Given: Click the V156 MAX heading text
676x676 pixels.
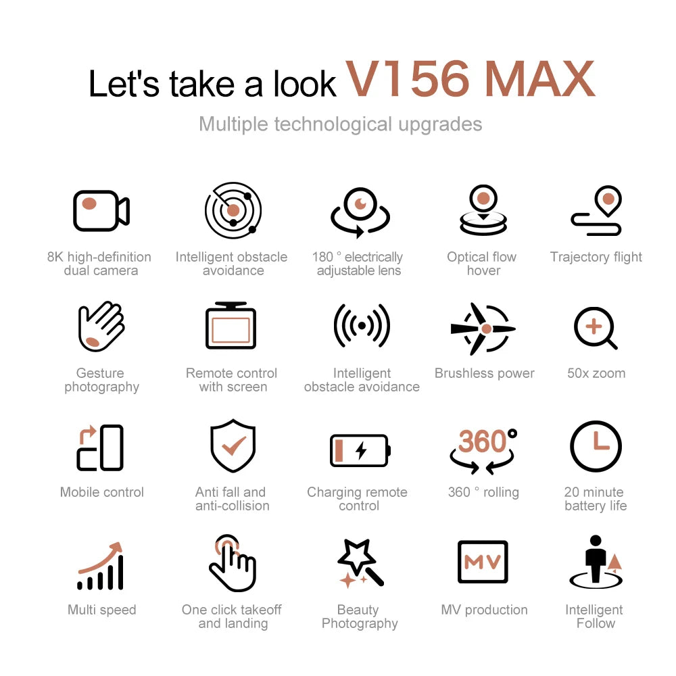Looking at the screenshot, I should point(470,79).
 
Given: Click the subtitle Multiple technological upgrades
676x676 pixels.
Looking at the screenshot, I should point(340,124).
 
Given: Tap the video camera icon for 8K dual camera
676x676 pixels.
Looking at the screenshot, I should point(101,210).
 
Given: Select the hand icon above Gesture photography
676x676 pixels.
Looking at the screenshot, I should point(101,327).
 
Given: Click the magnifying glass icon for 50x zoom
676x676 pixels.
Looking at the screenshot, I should point(595,328).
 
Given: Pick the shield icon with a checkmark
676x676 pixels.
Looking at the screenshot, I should point(233,445).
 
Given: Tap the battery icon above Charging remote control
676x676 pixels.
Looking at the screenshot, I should point(360,450).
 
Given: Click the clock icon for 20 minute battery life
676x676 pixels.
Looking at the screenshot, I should point(595,446).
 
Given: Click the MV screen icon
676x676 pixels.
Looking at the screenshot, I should point(483,562).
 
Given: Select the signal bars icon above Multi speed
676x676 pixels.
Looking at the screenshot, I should point(101,566).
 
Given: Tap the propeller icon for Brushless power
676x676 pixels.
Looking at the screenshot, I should point(483,329).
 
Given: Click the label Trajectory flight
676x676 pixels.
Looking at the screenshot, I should point(596,257).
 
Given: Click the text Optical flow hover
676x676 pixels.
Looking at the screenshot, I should point(482,264).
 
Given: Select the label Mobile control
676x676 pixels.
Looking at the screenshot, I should point(101,492).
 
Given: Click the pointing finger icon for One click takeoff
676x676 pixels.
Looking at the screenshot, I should point(232,563).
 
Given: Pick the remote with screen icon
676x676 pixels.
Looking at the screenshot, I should point(231,327).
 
